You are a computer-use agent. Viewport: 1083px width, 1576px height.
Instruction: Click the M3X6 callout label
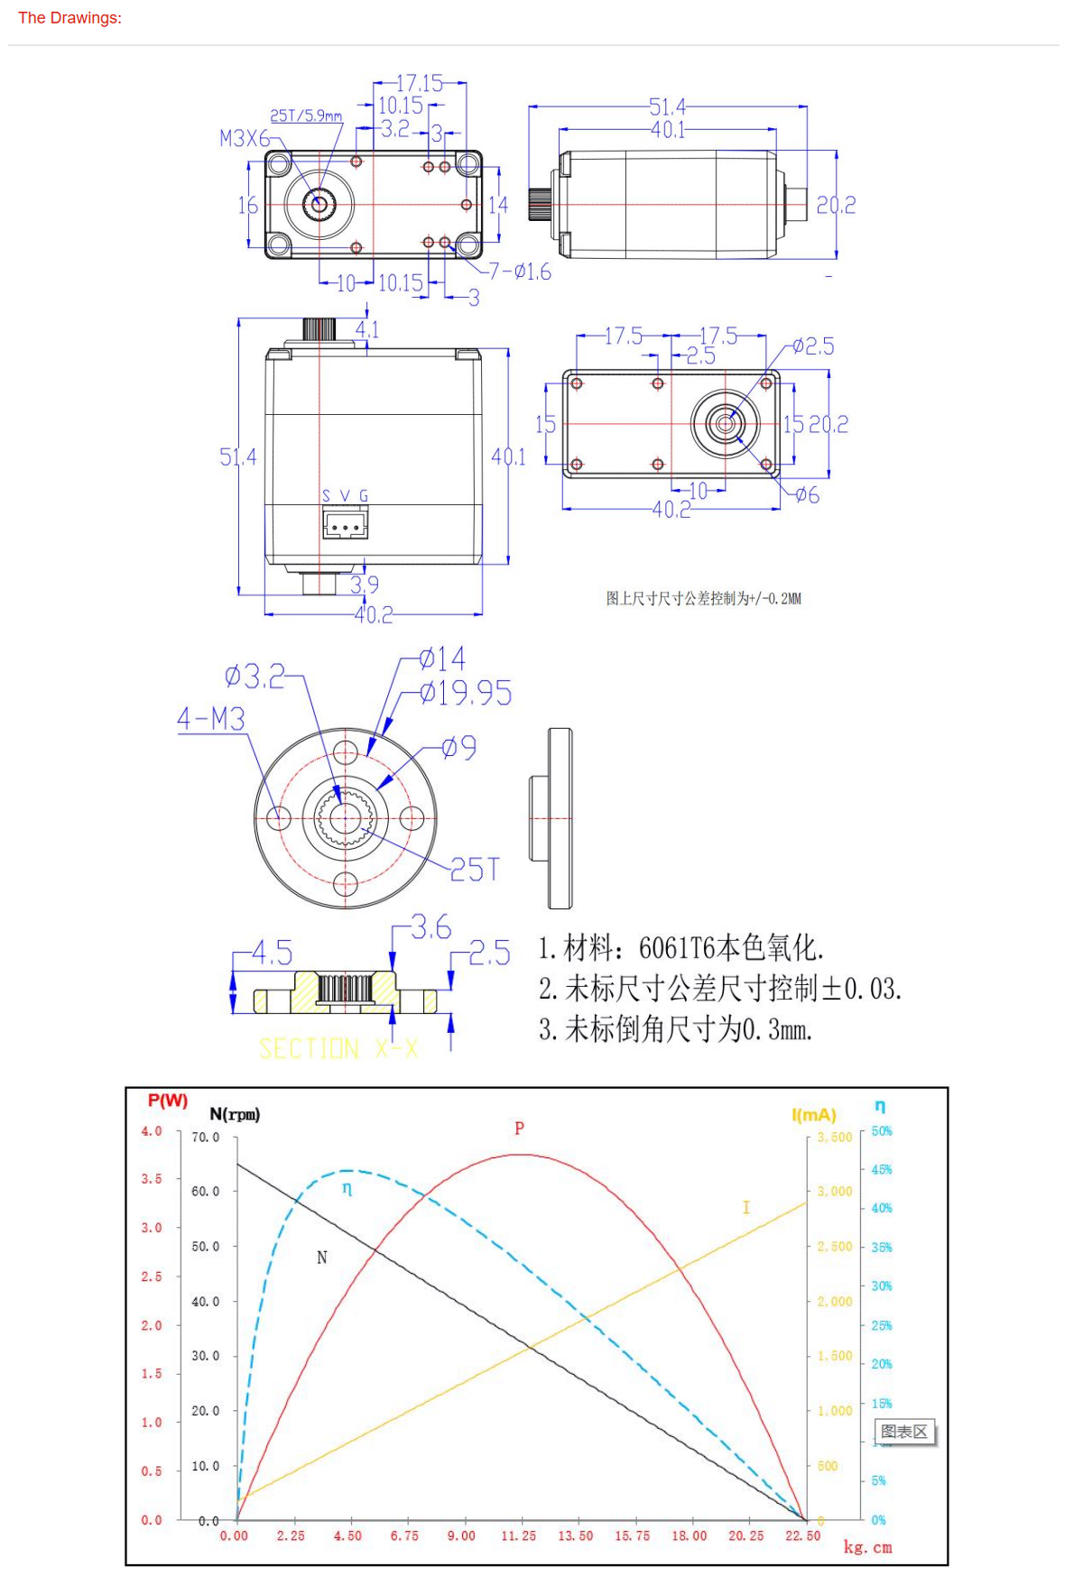tap(245, 138)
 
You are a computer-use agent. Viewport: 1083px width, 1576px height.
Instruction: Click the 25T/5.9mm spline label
tap(306, 115)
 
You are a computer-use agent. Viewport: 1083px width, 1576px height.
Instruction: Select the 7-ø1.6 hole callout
tap(520, 272)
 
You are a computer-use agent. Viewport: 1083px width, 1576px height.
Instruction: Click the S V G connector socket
tap(345, 524)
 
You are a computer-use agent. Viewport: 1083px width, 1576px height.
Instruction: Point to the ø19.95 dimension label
tap(466, 693)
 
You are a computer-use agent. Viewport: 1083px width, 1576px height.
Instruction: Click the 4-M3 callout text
tap(211, 719)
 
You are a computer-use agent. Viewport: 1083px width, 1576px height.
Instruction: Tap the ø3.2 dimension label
tap(255, 676)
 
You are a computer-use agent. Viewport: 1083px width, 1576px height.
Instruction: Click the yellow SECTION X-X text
tap(338, 1048)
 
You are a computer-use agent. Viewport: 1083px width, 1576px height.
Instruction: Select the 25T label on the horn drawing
tap(475, 870)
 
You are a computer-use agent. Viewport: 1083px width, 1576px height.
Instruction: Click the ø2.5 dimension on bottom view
tap(813, 346)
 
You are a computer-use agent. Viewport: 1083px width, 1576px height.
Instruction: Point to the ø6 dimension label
tap(808, 494)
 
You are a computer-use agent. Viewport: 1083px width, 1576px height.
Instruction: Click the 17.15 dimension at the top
tap(420, 84)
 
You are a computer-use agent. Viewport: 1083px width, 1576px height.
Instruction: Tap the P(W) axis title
tap(168, 1101)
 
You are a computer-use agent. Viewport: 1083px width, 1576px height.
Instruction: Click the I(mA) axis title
tap(813, 1115)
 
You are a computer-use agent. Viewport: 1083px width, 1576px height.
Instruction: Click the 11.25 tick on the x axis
tap(518, 1535)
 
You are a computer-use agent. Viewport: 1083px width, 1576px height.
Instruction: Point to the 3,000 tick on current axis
tap(835, 1191)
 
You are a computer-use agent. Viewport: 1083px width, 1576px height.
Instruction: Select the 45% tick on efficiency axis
tap(882, 1169)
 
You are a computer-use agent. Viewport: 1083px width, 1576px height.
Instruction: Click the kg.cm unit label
tap(867, 1547)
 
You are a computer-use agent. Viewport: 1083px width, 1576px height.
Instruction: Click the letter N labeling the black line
tap(322, 1258)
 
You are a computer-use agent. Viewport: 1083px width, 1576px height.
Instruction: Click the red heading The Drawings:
tap(69, 18)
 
